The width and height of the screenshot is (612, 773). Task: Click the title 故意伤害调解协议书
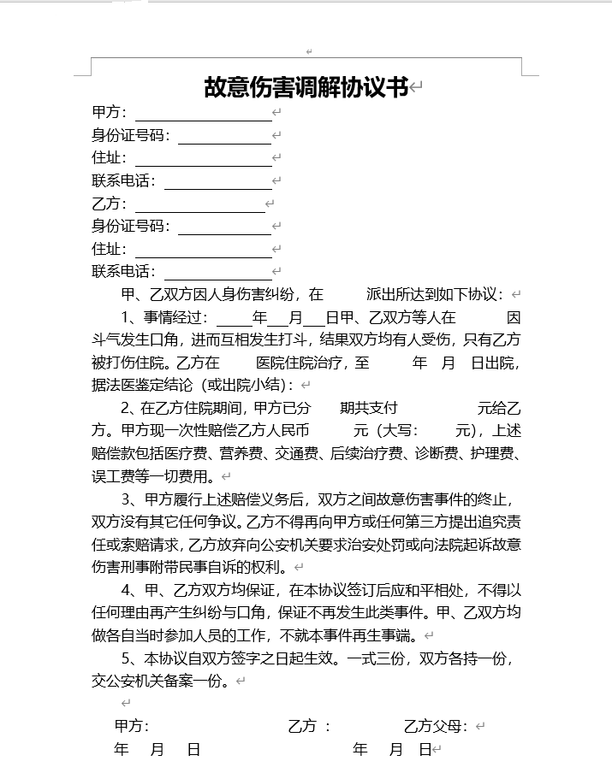tap(306, 87)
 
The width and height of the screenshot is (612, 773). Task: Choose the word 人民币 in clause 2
tap(288, 430)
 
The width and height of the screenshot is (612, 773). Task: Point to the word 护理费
tap(491, 453)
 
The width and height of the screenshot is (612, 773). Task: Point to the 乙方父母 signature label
tap(436, 727)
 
